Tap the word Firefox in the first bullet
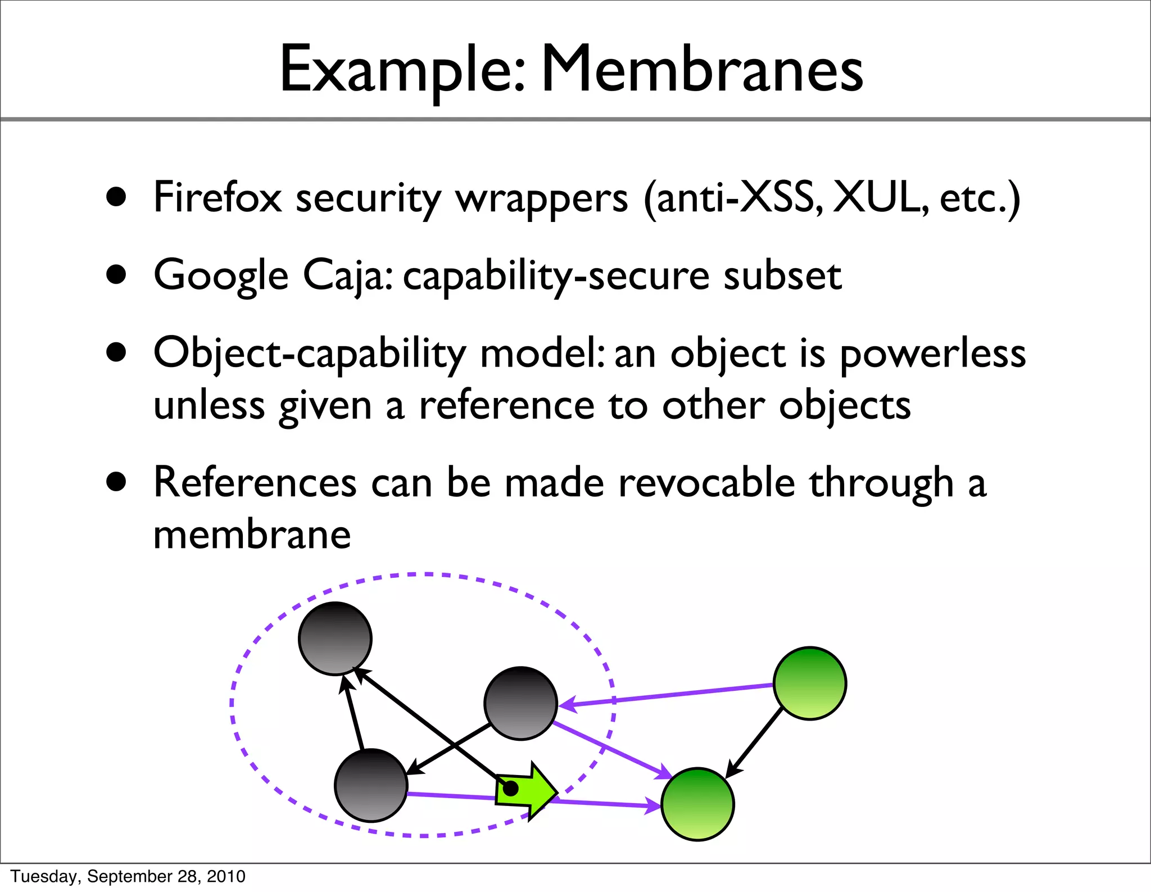[x=217, y=198]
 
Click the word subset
[x=782, y=275]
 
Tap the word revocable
[x=706, y=483]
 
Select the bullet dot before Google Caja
[x=116, y=275]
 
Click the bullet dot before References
[x=116, y=482]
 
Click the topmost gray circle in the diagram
[x=335, y=638]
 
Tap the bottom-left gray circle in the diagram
[x=371, y=785]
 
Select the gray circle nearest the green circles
[x=520, y=703]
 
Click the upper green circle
[x=809, y=683]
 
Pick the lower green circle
[x=697, y=804]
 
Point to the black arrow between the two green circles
[x=754, y=742]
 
